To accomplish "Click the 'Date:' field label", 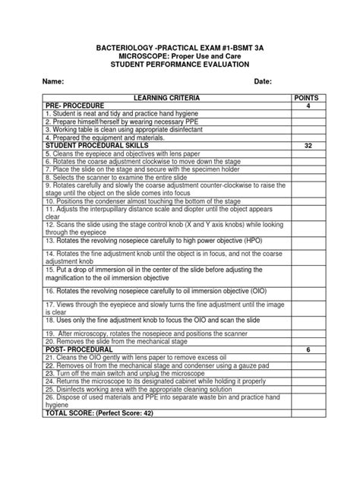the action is [x=263, y=81].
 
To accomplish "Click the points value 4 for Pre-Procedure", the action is [x=308, y=106].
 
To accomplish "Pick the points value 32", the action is [x=308, y=144].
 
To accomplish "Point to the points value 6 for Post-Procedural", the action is [x=308, y=349].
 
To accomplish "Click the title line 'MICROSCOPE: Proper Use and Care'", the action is [x=179, y=56].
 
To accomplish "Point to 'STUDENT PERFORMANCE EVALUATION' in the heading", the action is [x=179, y=65].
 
